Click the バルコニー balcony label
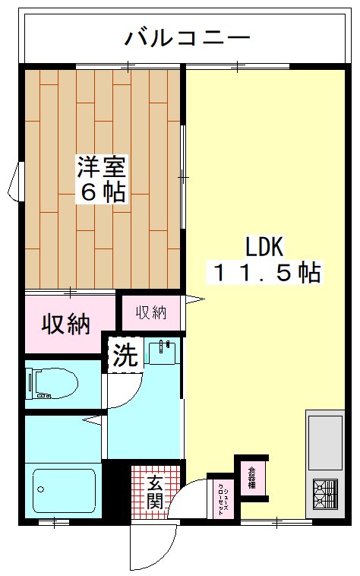pyautogui.click(x=188, y=36)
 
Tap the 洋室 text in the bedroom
pyautogui.click(x=102, y=166)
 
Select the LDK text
pyautogui.click(x=264, y=246)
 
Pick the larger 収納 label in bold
pyautogui.click(x=65, y=324)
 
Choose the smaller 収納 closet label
pyautogui.click(x=152, y=312)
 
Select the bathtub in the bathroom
pyautogui.click(x=64, y=491)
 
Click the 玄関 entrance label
pyautogui.click(x=155, y=492)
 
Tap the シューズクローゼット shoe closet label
pyautogui.click(x=221, y=498)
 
